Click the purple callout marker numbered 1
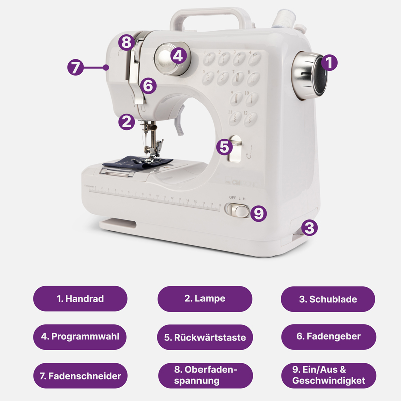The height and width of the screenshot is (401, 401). click(x=329, y=62)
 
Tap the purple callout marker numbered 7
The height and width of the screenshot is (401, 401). click(x=76, y=67)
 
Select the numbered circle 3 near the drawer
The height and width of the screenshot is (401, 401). click(x=309, y=228)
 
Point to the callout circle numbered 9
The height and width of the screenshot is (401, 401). click(x=258, y=213)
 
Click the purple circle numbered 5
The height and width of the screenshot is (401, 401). click(x=224, y=147)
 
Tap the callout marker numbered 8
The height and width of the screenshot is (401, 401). click(x=127, y=42)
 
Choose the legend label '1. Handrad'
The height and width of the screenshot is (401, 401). click(x=80, y=298)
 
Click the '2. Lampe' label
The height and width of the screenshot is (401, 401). click(x=205, y=298)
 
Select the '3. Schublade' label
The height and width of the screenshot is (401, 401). click(x=328, y=299)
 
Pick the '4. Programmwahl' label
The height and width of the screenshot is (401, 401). click(x=80, y=337)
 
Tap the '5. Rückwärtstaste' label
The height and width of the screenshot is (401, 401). click(x=205, y=337)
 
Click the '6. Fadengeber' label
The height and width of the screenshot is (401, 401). click(x=329, y=337)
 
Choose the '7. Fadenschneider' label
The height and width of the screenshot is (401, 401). click(x=80, y=375)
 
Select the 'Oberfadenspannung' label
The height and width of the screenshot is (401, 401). click(x=206, y=375)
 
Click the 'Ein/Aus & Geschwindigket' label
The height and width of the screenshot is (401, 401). click(x=329, y=375)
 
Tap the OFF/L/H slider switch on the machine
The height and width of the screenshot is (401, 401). click(x=237, y=210)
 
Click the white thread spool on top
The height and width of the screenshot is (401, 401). click(x=284, y=18)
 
